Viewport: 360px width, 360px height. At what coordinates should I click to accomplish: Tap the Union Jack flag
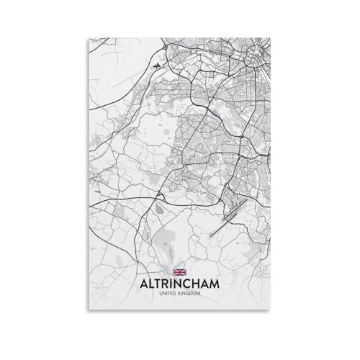179,271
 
